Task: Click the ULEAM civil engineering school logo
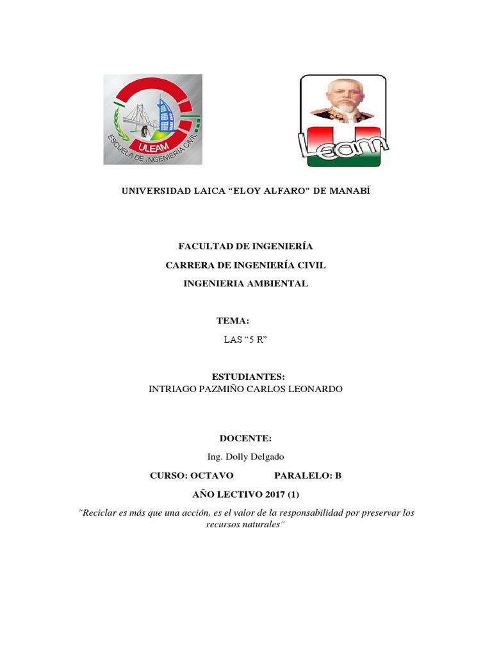153,119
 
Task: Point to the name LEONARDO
313,389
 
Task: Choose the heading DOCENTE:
245,438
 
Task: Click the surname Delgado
268,457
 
